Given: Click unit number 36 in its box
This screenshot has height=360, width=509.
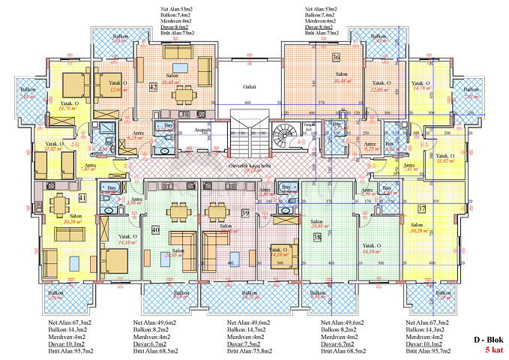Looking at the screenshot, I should click(x=336, y=58).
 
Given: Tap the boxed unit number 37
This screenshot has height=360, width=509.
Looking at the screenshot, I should click(x=421, y=208).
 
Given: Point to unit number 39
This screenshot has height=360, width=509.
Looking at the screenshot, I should click(x=244, y=214).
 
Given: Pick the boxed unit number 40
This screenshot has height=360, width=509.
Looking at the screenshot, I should click(x=155, y=230).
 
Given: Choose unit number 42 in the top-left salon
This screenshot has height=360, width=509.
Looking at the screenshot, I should click(x=152, y=87).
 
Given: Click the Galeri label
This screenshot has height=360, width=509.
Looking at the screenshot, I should click(x=250, y=87).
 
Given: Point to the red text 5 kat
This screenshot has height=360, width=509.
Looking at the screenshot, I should click(x=493, y=350).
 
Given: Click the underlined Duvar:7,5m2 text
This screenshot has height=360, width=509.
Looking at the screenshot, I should click(x=245, y=343).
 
